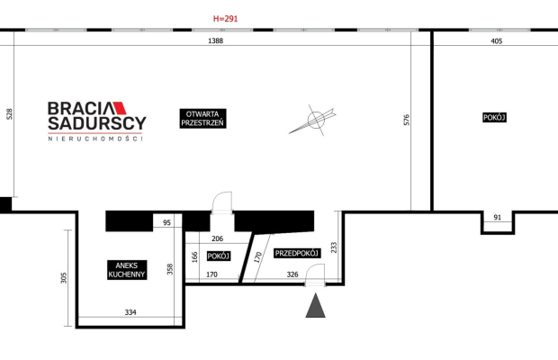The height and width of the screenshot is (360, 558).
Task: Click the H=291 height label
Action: [226, 18]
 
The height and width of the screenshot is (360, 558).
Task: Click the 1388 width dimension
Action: [215, 41]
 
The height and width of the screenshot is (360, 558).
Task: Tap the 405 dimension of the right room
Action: [497, 41]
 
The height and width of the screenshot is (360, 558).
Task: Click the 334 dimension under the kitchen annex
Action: [130, 313]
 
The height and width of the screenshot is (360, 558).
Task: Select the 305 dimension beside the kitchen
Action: [63, 279]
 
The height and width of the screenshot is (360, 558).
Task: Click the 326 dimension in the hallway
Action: [292, 274]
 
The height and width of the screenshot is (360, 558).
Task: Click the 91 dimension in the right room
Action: [497, 217]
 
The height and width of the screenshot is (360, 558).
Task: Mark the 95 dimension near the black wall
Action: [166, 222]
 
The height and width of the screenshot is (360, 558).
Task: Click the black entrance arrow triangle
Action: [315, 307]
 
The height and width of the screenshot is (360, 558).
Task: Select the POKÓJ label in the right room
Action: [495, 118]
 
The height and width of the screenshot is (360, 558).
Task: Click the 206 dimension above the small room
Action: [217, 238]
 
